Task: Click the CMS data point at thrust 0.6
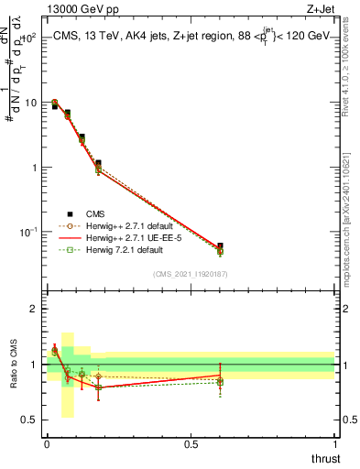coord(220,246)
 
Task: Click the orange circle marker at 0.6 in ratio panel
coord(220,379)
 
